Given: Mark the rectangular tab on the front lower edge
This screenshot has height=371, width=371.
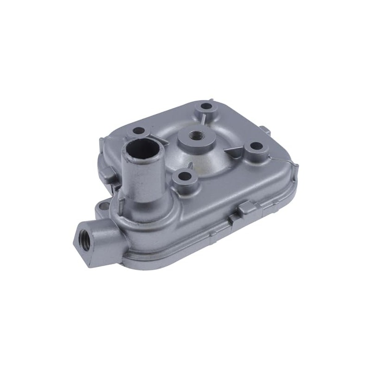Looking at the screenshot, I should tap(247, 209).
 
